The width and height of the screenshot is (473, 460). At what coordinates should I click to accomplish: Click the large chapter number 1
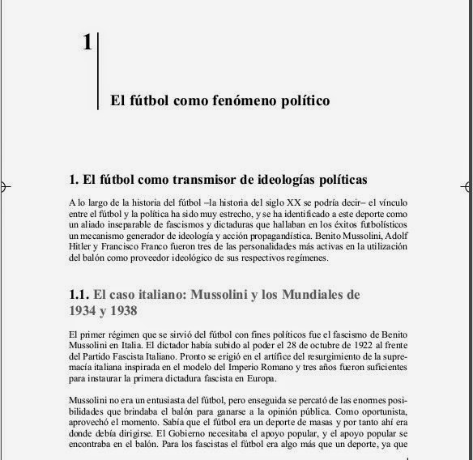pyautogui.click(x=87, y=43)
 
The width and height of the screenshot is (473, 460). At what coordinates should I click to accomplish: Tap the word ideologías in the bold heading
pyautogui.click(x=285, y=178)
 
